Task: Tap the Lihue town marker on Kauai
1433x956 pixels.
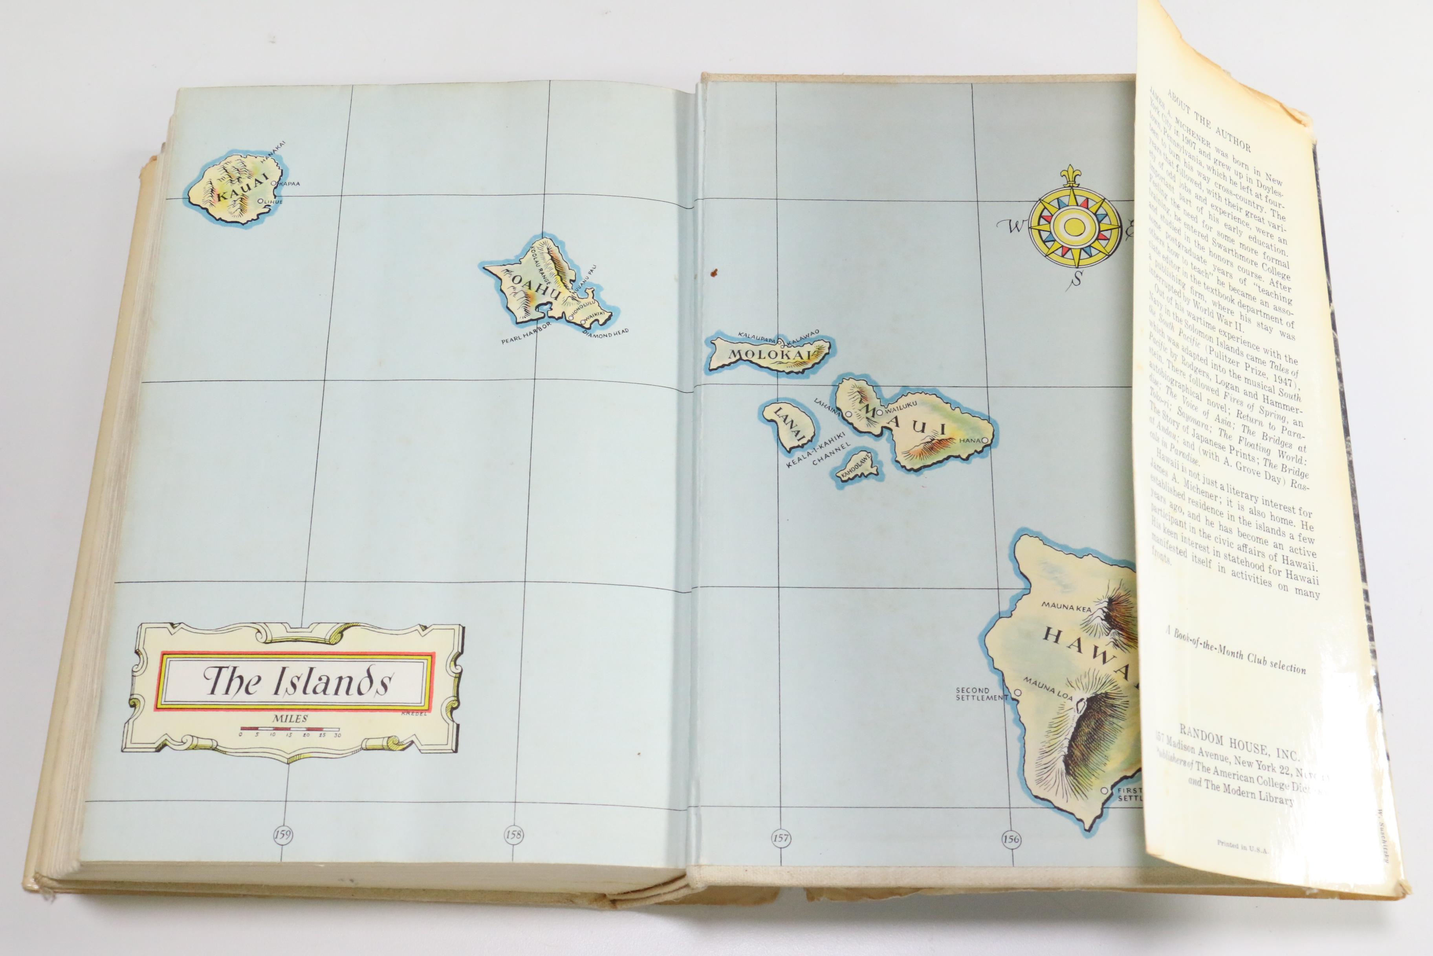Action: point(261,201)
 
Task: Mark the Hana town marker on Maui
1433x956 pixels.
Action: point(984,440)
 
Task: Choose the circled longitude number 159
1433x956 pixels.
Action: point(283,833)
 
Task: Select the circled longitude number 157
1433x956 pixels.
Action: point(781,838)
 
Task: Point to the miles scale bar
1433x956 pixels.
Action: point(290,728)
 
